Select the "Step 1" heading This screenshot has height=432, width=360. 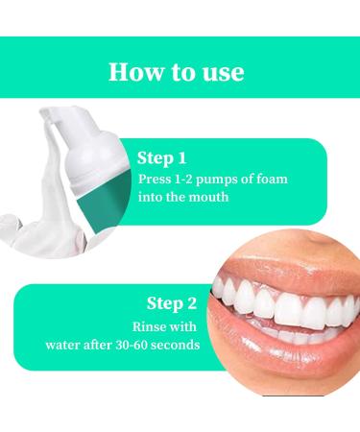161,158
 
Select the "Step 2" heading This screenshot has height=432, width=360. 172,303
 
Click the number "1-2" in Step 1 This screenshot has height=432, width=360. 183,179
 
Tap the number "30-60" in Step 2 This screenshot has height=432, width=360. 131,345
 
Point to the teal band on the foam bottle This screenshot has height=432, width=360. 103,204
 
